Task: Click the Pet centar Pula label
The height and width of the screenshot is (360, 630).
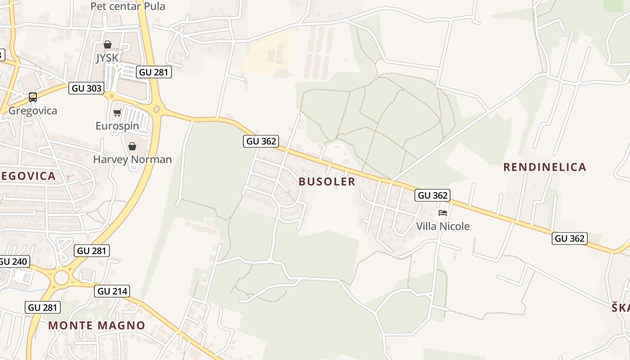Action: point(128,6)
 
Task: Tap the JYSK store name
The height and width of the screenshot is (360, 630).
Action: point(107,58)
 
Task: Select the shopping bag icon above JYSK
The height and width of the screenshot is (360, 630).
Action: point(108,45)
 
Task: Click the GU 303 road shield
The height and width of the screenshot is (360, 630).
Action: point(87,88)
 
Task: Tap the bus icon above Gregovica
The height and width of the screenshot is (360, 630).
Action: point(33,97)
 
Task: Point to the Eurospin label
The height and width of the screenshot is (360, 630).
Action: point(117,126)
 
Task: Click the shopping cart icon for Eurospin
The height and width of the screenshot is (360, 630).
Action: point(117,112)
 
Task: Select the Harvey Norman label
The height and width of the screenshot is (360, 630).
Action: point(132,159)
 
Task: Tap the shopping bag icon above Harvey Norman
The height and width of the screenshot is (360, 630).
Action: point(132,146)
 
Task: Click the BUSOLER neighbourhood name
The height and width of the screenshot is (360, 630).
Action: point(327,182)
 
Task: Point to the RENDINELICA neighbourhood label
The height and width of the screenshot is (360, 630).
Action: point(544,167)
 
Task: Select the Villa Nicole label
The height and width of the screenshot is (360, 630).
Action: point(443,226)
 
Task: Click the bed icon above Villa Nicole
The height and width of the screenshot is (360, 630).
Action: point(443,212)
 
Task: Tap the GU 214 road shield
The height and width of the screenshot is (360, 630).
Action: point(112,291)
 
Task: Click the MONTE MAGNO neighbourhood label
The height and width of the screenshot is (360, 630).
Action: point(97,325)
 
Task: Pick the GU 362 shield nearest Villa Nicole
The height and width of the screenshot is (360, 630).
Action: point(433,195)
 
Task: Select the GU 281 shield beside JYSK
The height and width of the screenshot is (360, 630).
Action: point(154,72)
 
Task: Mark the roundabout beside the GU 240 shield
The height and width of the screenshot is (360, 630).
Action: point(61,278)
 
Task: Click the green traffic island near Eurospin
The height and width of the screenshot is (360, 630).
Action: point(157,109)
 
